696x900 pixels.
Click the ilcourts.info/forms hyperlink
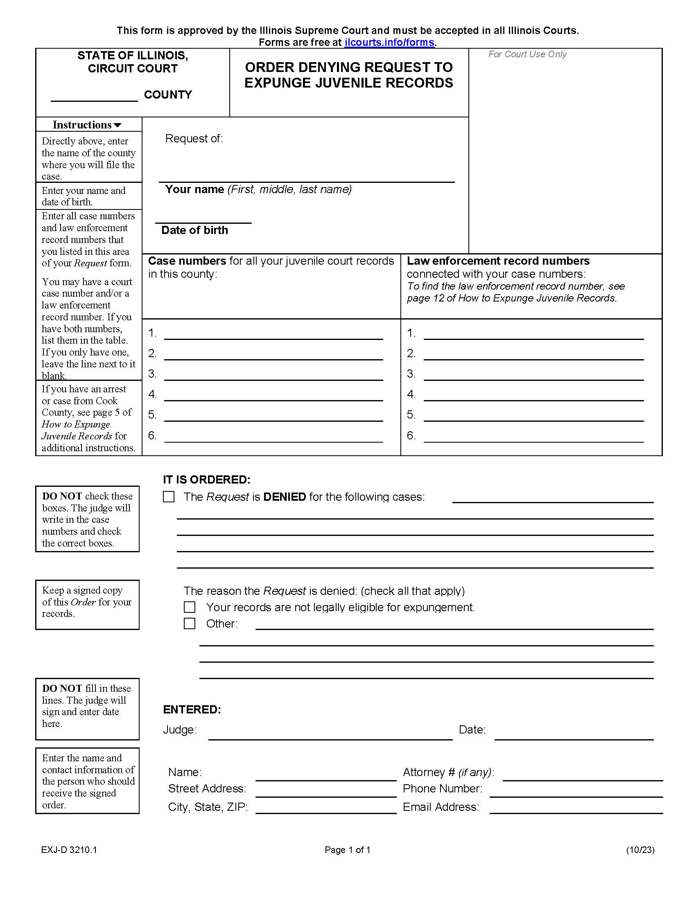389,43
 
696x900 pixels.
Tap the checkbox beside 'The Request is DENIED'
169,497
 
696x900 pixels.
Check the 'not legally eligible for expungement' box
189,607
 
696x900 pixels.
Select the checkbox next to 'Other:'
189,623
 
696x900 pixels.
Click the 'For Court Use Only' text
527,54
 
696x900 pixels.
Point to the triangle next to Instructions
118,125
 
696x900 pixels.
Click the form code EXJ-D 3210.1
69,850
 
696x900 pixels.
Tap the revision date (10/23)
640,850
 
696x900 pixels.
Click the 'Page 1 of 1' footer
348,850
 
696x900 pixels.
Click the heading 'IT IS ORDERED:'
207,480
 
